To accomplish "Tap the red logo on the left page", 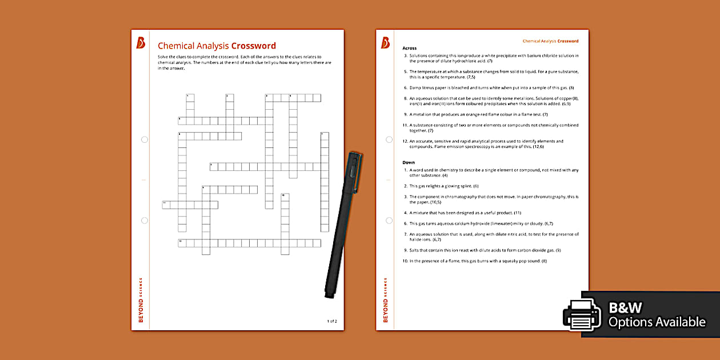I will tap(141, 43).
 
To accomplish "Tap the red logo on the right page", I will tap(385, 43).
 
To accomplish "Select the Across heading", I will tap(410, 48).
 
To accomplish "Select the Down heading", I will tap(409, 162).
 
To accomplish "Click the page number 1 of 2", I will tap(332, 321).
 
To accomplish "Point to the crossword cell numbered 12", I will tap(182, 243).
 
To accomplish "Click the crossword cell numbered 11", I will tap(166, 205).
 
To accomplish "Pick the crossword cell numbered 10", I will tap(285, 197).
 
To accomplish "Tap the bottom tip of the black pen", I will tap(328, 295).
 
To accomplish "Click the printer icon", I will tap(582, 314).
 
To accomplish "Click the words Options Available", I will tap(657, 322).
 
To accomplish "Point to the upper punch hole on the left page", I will tap(145, 139).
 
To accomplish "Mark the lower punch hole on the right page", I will tap(389, 220).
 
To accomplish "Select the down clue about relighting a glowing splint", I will tap(444, 186).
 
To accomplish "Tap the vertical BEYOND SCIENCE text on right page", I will tap(385, 300).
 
